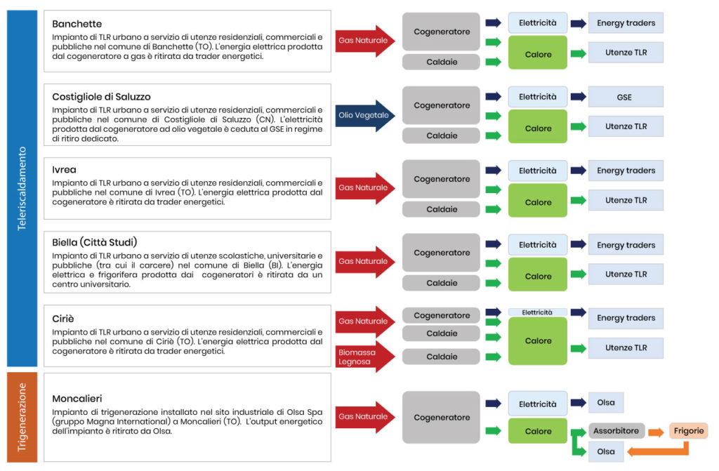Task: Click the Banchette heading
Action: tap(77, 24)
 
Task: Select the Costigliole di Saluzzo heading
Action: tap(101, 97)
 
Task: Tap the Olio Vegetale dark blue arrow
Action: tap(365, 116)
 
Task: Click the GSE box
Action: tap(626, 98)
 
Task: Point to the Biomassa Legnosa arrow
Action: tap(365, 357)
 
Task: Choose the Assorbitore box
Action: tap(616, 431)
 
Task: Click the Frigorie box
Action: tap(688, 431)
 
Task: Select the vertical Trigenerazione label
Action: tap(22, 418)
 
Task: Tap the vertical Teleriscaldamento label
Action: tap(22, 188)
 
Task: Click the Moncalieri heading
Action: tap(77, 399)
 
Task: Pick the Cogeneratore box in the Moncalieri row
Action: tap(441, 418)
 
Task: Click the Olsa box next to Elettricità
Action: tap(606, 403)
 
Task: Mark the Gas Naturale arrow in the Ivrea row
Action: tap(365, 188)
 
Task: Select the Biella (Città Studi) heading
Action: tap(95, 242)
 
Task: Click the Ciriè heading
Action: tap(62, 319)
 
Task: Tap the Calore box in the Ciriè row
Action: tap(538, 340)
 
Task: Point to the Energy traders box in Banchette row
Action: tap(626, 23)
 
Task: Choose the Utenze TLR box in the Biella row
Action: tap(626, 274)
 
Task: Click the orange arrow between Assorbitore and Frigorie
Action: tap(657, 432)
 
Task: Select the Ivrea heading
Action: tap(64, 170)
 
